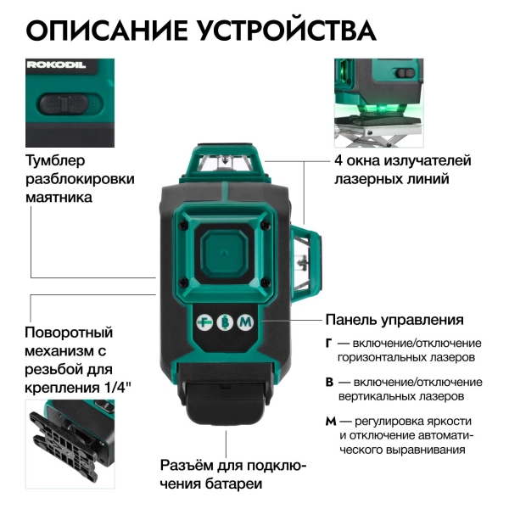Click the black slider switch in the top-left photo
click(x=64, y=104)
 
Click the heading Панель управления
click(x=394, y=321)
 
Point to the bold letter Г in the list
click(x=329, y=343)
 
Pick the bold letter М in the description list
click(x=330, y=421)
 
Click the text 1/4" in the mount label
click(x=123, y=389)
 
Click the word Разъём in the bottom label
click(x=189, y=466)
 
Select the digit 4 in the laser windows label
click(x=338, y=160)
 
